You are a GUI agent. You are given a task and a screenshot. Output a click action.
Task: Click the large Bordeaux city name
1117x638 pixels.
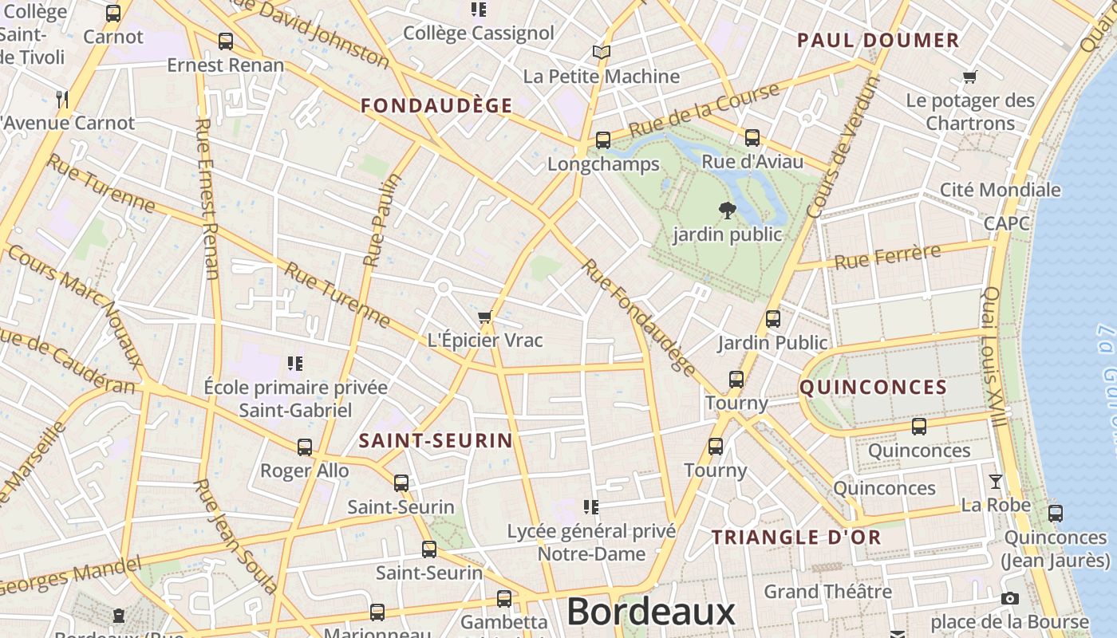pyautogui.click(x=650, y=612)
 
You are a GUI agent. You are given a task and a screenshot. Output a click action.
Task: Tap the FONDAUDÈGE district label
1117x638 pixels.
pyautogui.click(x=436, y=105)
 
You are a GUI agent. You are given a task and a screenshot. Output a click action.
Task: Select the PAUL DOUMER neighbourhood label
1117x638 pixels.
pyautogui.click(x=878, y=41)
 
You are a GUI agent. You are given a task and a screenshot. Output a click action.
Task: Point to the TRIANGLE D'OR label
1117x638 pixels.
pyautogui.click(x=796, y=537)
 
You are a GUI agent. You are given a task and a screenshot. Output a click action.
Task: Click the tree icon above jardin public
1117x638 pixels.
pyautogui.click(x=727, y=211)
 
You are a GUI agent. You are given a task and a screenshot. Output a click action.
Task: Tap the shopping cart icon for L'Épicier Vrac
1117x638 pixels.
pyautogui.click(x=484, y=317)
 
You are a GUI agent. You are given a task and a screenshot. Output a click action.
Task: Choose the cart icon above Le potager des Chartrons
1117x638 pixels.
pyautogui.click(x=970, y=77)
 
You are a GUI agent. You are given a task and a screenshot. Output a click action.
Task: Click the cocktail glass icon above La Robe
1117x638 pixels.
pyautogui.click(x=996, y=481)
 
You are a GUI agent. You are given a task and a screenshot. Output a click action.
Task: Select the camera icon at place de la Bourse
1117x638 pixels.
pyautogui.click(x=1009, y=598)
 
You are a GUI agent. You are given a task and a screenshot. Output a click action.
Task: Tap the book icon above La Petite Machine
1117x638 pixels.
pyautogui.click(x=601, y=53)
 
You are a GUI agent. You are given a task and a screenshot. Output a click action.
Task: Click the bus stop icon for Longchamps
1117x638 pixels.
pyautogui.click(x=603, y=140)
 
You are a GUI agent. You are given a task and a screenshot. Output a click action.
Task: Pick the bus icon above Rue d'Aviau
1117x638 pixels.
pyautogui.click(x=752, y=138)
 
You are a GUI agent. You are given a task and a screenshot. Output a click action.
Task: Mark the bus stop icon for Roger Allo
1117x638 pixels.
pyautogui.click(x=305, y=447)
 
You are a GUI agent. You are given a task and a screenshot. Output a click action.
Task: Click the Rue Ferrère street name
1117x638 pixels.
pyautogui.click(x=887, y=257)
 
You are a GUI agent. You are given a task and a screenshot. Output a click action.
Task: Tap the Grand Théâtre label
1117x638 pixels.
pyautogui.click(x=827, y=592)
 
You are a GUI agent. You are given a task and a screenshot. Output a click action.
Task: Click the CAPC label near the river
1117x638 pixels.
pyautogui.click(x=1007, y=223)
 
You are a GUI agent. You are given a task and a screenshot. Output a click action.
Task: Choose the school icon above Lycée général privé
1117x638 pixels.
pyautogui.click(x=590, y=506)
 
